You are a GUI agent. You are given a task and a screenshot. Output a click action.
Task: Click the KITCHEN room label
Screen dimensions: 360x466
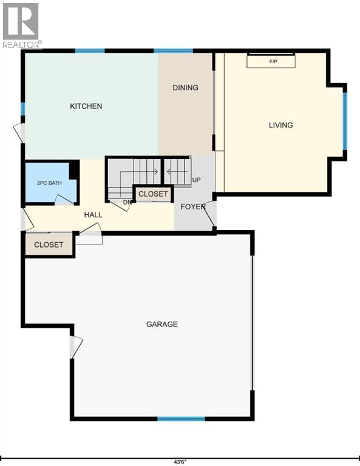86,106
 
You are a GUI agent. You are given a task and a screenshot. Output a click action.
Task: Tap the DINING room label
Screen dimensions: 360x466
186,87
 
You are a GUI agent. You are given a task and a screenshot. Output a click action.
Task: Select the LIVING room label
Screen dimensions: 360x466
281,125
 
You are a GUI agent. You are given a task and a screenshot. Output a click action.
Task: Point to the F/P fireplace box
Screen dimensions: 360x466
271,61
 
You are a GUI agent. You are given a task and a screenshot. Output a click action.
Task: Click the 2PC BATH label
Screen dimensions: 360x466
49,183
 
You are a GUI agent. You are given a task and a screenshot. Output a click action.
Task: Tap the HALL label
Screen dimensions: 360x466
93,215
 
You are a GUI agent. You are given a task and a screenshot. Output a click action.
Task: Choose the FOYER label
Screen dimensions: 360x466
193,206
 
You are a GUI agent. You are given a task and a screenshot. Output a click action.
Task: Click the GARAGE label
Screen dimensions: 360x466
162,324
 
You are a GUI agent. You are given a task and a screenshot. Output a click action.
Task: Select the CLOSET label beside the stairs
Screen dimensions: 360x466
153,194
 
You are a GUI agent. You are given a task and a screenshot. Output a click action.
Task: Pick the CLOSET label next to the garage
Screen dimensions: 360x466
49,245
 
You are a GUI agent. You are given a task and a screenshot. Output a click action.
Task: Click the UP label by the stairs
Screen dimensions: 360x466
197,180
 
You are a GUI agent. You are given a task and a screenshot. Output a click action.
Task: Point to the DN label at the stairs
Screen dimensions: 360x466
127,202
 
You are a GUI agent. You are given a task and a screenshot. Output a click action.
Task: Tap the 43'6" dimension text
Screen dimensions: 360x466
180,462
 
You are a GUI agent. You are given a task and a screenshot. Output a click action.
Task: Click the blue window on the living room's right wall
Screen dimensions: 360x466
345,121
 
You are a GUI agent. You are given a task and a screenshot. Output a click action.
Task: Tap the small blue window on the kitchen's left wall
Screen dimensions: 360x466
22,109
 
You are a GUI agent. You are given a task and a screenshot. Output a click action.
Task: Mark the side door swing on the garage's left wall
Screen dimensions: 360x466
76,347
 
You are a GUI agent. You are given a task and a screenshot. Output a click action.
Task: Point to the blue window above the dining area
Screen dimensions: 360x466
173,51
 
